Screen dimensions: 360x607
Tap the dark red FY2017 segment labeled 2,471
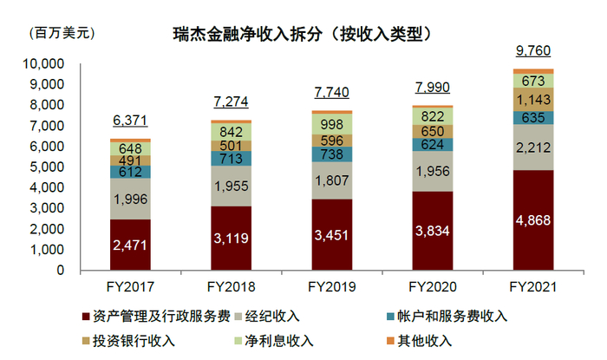coord(130,245)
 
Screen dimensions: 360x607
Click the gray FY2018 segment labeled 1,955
coord(231,186)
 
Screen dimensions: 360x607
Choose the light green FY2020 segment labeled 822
coord(433,116)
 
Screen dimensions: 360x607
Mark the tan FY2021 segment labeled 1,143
coord(533,100)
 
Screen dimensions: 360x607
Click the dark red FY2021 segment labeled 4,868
coord(533,219)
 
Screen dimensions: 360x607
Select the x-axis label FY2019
coord(332,286)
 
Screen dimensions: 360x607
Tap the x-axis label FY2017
coord(130,286)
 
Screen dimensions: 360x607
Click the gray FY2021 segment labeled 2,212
coord(533,147)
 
